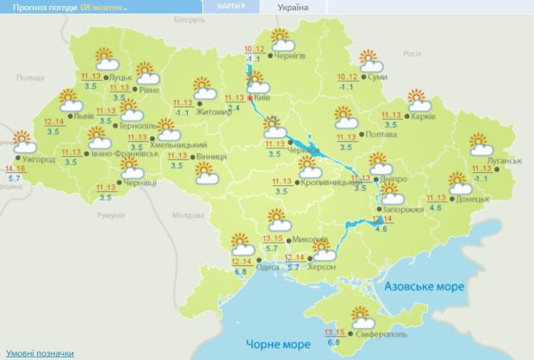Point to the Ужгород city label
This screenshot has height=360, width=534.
click(39, 159)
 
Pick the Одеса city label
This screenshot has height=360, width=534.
click(268, 267)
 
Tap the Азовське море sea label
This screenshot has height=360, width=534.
click(425, 286)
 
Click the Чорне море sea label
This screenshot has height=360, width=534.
click(278, 344)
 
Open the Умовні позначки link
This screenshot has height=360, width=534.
click(40, 353)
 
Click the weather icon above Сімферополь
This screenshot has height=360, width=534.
click(360, 317)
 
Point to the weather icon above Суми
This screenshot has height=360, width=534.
click(371, 61)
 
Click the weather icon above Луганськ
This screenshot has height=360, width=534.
click(481, 144)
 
